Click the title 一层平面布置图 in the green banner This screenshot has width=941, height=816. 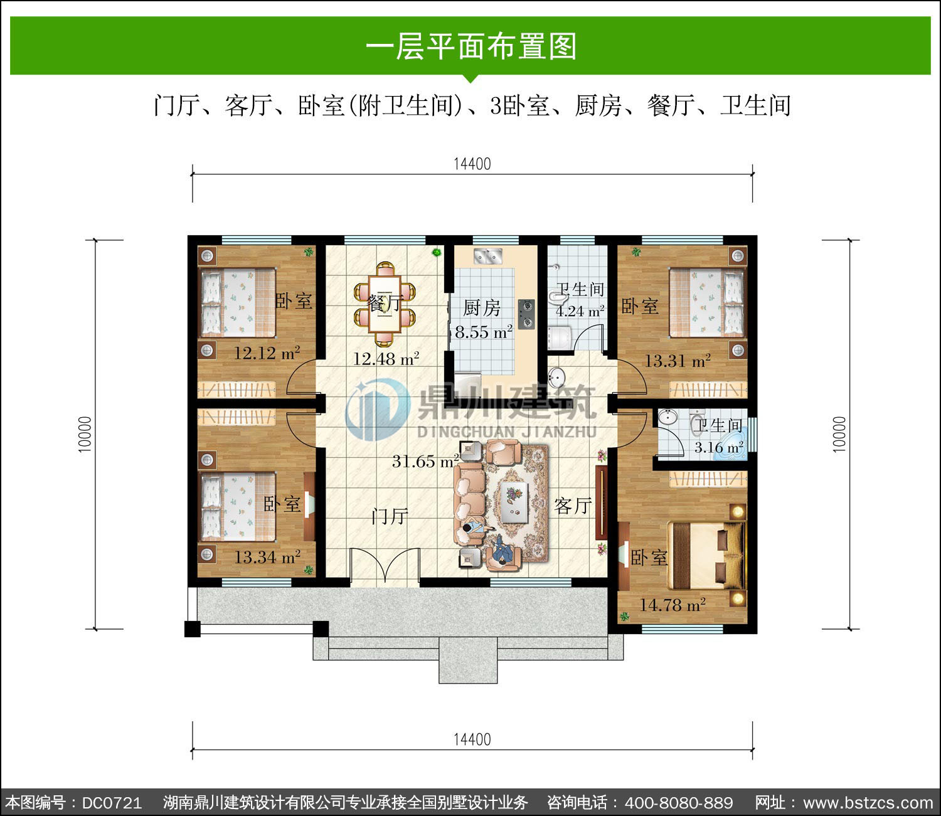pyautogui.click(x=471, y=46)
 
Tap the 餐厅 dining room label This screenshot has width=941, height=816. pyautogui.click(x=385, y=303)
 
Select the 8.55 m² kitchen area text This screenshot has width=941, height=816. pyautogui.click(x=484, y=332)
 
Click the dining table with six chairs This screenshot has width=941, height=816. pyautogui.click(x=385, y=304)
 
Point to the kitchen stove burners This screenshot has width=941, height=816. pyautogui.click(x=526, y=314)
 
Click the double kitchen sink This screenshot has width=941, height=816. pyautogui.click(x=488, y=256)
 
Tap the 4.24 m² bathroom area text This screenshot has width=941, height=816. pyautogui.click(x=580, y=312)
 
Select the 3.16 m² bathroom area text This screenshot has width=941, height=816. pyautogui.click(x=719, y=447)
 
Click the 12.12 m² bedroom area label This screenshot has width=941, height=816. pyautogui.click(x=267, y=353)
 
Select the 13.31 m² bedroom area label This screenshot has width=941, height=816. pyautogui.click(x=678, y=361)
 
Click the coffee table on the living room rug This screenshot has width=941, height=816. pyautogui.click(x=514, y=502)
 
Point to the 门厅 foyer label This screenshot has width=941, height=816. pyautogui.click(x=390, y=516)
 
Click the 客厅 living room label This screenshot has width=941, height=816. pyautogui.click(x=573, y=506)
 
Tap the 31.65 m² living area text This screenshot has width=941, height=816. pyautogui.click(x=425, y=461)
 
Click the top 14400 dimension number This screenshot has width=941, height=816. pyautogui.click(x=472, y=164)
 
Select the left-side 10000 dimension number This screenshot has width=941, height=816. pyautogui.click(x=85, y=435)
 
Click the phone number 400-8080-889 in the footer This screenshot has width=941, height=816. pyautogui.click(x=679, y=802)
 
